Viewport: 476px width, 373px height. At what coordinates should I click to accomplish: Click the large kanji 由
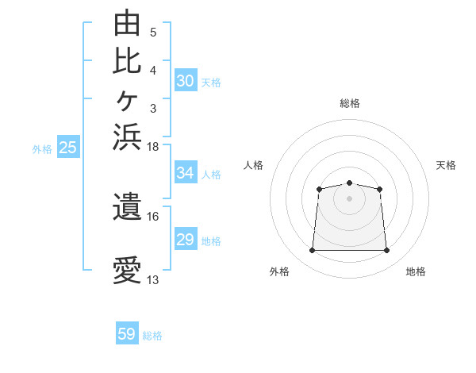coord(127,22)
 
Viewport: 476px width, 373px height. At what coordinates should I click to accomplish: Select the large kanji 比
coord(127,62)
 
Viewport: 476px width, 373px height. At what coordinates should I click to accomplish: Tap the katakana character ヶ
coord(127,101)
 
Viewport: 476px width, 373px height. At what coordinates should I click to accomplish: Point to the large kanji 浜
coord(127,137)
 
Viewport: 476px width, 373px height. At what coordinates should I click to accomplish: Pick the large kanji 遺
coord(127,206)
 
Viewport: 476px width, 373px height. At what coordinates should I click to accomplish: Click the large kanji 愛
coord(127,270)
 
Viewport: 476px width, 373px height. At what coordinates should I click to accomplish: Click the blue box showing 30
coord(186,80)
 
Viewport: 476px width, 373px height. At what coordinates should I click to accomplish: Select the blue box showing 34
coord(186,172)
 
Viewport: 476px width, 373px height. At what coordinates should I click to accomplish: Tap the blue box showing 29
coord(186,238)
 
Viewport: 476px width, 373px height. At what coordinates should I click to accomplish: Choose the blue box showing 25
coord(68,146)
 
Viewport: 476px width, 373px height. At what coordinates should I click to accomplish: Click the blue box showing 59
coord(127,333)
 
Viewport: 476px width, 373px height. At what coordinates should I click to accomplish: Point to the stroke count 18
coord(152,147)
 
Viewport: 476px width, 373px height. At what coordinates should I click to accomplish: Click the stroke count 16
coord(152,217)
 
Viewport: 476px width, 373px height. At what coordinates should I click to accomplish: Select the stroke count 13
coord(152,280)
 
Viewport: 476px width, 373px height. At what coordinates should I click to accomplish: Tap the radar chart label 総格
coord(350,103)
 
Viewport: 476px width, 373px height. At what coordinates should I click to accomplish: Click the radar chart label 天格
coord(446,165)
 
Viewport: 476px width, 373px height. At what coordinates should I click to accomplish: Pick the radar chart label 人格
coord(253,165)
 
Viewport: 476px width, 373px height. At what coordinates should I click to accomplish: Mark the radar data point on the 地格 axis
coord(386,250)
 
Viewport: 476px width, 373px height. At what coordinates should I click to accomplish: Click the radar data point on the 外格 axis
coord(312,250)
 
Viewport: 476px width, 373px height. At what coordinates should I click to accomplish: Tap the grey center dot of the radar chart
coord(349,198)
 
